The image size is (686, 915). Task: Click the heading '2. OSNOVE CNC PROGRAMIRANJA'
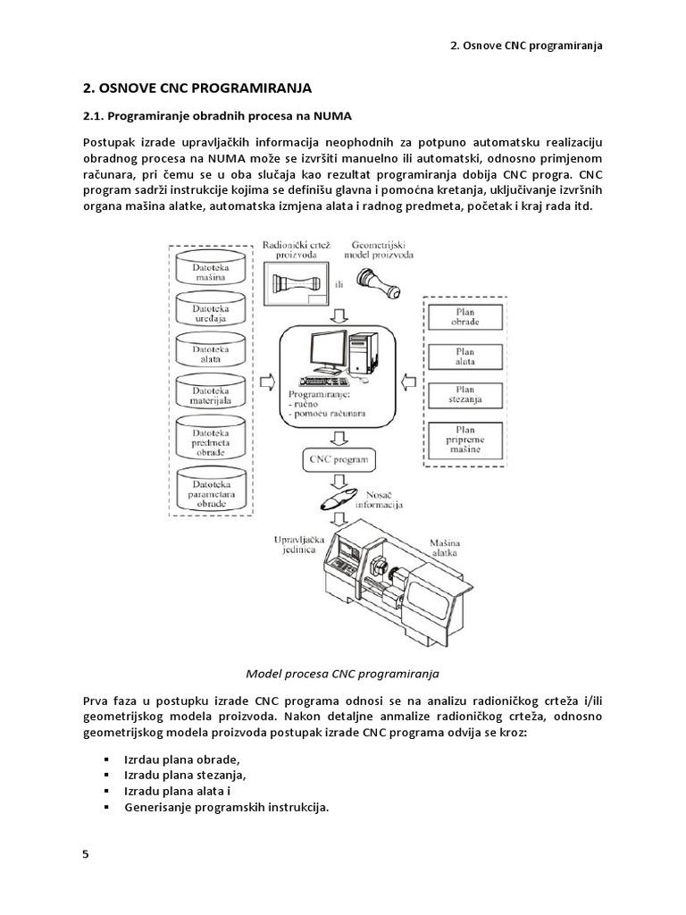pos(197,88)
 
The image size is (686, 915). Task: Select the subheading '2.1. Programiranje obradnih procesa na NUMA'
pos(217,116)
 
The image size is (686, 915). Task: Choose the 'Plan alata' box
pos(465,356)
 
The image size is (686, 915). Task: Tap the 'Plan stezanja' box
pos(465,394)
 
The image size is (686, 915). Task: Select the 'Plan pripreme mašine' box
pos(465,441)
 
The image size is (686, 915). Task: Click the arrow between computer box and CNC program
pos(338,437)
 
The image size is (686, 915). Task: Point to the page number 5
pos(86,853)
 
